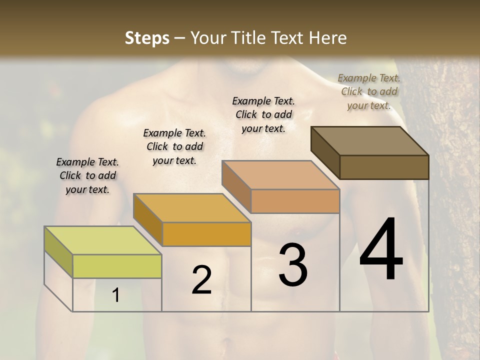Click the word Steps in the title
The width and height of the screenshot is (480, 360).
[x=147, y=38]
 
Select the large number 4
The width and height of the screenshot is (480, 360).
[x=381, y=250]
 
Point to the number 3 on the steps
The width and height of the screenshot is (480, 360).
[x=292, y=265]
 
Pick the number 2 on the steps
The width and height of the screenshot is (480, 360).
[x=201, y=280]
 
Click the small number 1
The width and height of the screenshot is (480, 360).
[x=116, y=295]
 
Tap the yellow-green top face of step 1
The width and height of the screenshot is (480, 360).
[x=102, y=240]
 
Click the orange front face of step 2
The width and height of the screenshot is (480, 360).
[x=206, y=234]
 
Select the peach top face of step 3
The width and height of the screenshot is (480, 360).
[x=280, y=175]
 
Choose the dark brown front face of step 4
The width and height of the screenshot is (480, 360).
[x=384, y=167]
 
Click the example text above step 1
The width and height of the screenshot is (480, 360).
[x=87, y=175]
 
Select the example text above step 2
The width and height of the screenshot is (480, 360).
[x=174, y=146]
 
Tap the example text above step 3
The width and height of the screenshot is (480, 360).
[x=263, y=114]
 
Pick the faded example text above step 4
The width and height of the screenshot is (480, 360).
[x=369, y=91]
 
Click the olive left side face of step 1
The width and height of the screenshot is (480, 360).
[x=58, y=251]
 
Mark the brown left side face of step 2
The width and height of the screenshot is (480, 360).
[x=147, y=218]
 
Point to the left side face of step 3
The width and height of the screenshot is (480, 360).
[x=236, y=185]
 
